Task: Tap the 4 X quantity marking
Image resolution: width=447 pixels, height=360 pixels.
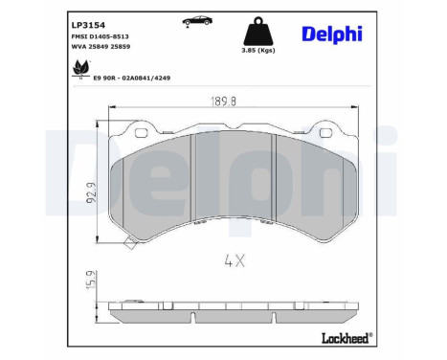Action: pos(234,259)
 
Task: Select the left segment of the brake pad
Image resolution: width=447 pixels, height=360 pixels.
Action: pos(153,187)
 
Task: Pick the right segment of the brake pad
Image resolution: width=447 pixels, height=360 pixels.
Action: pos(313,187)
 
